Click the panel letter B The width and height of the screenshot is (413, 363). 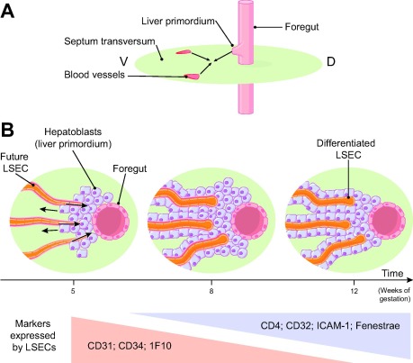(7, 130)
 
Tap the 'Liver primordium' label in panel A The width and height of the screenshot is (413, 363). (178, 22)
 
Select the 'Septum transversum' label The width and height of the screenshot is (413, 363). (110, 41)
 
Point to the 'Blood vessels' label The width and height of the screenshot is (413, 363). (94, 75)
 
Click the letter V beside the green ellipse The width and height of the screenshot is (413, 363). (123, 61)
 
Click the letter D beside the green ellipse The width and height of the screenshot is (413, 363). (331, 62)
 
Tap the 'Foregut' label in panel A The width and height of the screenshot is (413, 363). (301, 27)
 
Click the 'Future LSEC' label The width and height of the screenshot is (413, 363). (14, 162)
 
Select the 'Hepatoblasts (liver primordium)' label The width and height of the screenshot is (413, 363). (73, 138)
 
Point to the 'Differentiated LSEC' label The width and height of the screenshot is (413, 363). (346, 149)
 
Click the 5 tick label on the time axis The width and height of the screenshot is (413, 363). (73, 291)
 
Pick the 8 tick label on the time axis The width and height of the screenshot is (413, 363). (211, 291)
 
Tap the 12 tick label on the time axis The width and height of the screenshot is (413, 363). (355, 291)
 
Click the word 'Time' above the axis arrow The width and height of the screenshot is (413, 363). (392, 274)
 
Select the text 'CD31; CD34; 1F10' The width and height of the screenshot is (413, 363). (130, 346)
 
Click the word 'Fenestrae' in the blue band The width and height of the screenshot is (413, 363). (378, 326)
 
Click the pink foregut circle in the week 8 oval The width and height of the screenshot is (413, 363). (248, 221)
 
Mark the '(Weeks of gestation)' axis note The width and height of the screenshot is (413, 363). (394, 295)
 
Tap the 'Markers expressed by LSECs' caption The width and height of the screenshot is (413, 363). (34, 335)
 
